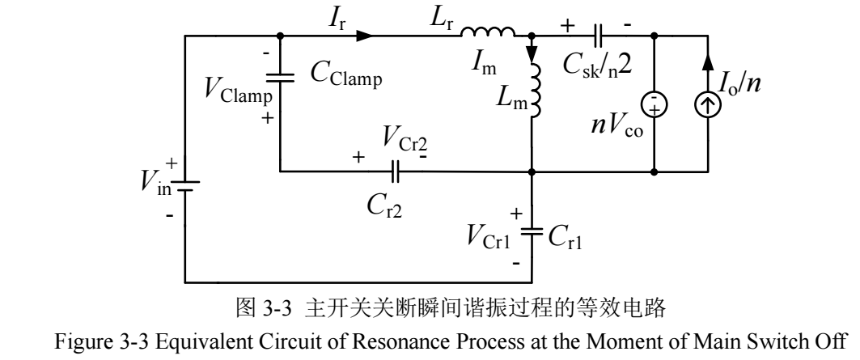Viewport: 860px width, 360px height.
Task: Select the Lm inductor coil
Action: coord(536,90)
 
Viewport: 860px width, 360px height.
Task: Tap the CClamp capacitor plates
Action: coord(280,78)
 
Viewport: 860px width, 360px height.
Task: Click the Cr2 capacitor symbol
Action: coord(395,172)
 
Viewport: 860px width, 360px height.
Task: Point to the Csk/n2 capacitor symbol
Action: coord(599,36)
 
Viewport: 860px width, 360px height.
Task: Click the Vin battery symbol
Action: coord(184,187)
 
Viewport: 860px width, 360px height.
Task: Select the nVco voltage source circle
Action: coord(655,104)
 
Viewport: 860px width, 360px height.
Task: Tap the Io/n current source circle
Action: coord(708,104)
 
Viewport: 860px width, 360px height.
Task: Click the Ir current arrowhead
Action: coord(364,36)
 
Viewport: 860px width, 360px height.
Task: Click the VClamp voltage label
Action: coord(238,90)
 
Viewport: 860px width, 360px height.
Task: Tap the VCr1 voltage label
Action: coord(489,237)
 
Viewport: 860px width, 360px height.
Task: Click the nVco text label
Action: coord(616,126)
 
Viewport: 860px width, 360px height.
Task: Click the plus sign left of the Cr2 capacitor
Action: coord(358,158)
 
